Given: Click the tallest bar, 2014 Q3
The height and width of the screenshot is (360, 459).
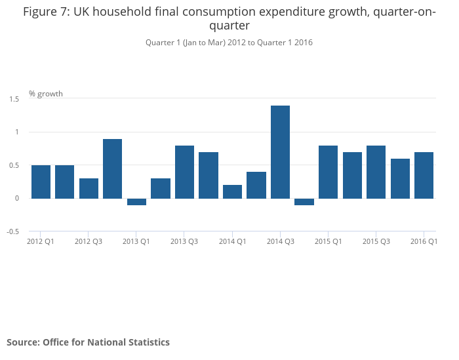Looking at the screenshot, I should pos(280,152).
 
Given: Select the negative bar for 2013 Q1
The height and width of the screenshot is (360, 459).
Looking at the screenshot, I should pos(136,202).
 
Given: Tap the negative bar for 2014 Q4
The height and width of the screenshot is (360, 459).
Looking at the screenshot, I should pos(304,202).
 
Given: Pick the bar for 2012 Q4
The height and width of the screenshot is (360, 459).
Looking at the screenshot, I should pos(112,169).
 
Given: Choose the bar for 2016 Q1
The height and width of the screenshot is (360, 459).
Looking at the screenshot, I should pos(424,175).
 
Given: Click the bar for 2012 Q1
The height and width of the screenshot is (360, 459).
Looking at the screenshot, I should pos(41,182).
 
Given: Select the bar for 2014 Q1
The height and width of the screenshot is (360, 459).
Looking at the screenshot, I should pos(232,191).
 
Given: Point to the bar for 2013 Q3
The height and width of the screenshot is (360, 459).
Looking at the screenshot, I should pos(184,172).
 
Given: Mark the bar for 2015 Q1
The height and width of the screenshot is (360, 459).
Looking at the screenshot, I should pos(328,172).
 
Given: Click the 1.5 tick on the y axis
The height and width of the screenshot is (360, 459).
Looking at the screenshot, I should pos(14,98).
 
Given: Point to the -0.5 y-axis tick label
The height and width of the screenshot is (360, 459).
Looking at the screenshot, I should pos(12,231).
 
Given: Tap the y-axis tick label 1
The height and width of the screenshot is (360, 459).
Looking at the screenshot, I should pos(16,132).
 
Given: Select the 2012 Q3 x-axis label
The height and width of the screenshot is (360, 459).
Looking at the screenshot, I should pos(89,241).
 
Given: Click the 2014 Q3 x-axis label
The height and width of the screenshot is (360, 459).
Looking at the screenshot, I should pos(280,241).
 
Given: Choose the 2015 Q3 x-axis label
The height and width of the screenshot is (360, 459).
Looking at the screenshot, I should pos(376,241).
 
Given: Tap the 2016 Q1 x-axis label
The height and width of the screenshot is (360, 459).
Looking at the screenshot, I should pos(424,241).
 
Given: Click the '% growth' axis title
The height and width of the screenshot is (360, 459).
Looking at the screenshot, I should pos(46,94).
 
